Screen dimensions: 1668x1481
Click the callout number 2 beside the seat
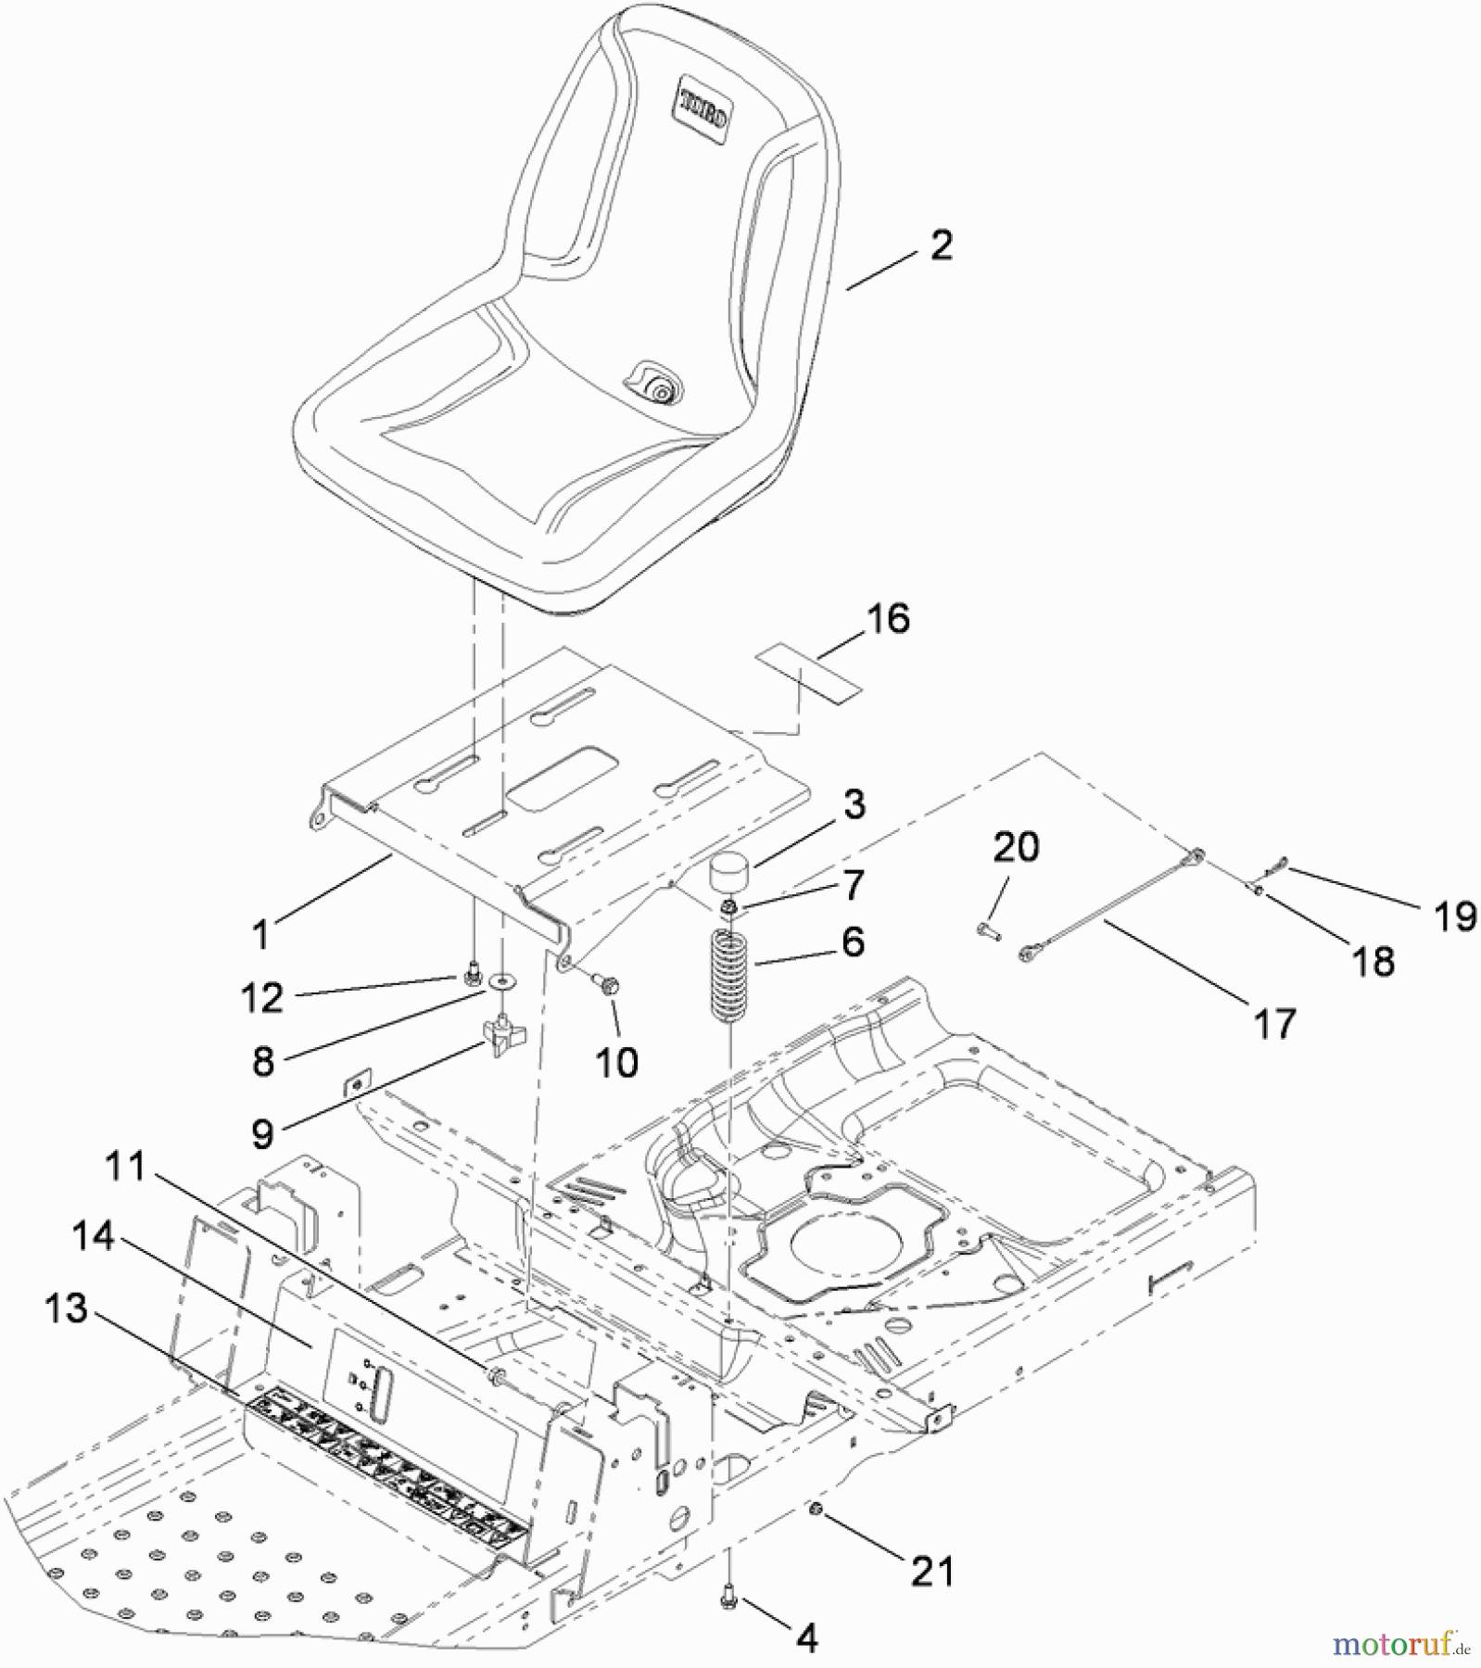tap(941, 246)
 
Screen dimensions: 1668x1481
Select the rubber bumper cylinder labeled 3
tap(730, 876)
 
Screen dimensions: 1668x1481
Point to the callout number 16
tap(888, 618)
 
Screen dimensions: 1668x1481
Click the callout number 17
tap(1274, 1024)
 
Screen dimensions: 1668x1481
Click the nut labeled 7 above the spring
tap(730, 905)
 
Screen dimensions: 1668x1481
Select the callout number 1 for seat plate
tap(261, 935)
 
